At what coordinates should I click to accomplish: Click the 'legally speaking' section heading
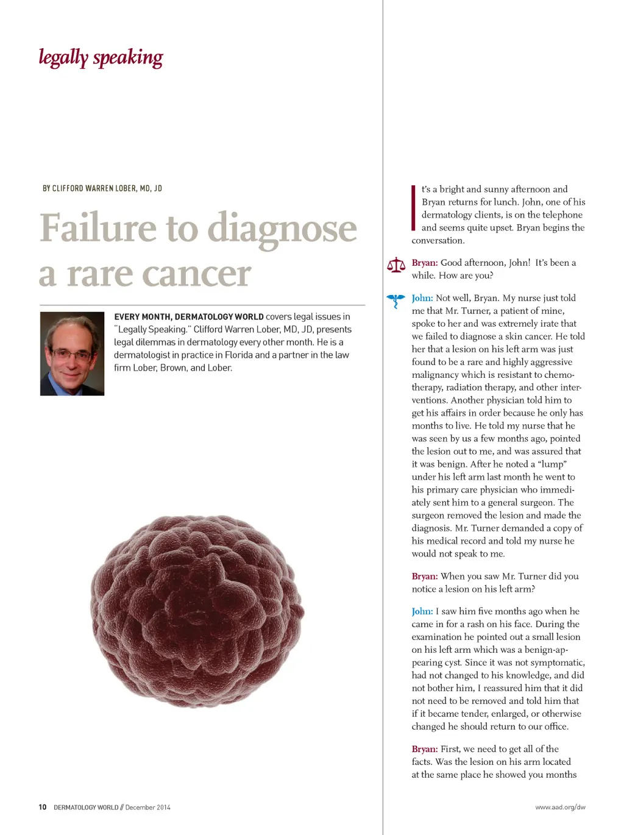pyautogui.click(x=101, y=58)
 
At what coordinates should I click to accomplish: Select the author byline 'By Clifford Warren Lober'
pyautogui.click(x=102, y=188)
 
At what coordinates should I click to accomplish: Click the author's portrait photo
pyautogui.click(x=72, y=354)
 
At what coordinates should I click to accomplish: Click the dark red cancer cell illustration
pyautogui.click(x=197, y=611)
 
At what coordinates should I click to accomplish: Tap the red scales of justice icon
pyautogui.click(x=396, y=265)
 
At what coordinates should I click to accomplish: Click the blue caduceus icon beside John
pyautogui.click(x=396, y=300)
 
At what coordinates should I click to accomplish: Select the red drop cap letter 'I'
pyautogui.click(x=414, y=208)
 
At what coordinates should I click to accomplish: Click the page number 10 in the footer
pyautogui.click(x=43, y=807)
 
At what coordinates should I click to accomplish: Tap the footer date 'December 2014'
pyautogui.click(x=148, y=807)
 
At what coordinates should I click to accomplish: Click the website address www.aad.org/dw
pyautogui.click(x=560, y=807)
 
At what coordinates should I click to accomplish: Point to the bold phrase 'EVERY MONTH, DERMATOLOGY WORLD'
pyautogui.click(x=189, y=317)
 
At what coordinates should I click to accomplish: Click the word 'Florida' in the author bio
pyautogui.click(x=239, y=355)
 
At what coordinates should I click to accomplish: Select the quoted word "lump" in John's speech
pyautogui.click(x=551, y=464)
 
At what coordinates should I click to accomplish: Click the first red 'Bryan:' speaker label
pyautogui.click(x=424, y=263)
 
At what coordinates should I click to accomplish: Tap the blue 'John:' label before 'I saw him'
pyautogui.click(x=422, y=611)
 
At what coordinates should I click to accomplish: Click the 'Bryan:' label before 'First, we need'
pyautogui.click(x=424, y=749)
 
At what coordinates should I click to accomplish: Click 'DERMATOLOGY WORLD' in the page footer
pyautogui.click(x=86, y=807)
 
